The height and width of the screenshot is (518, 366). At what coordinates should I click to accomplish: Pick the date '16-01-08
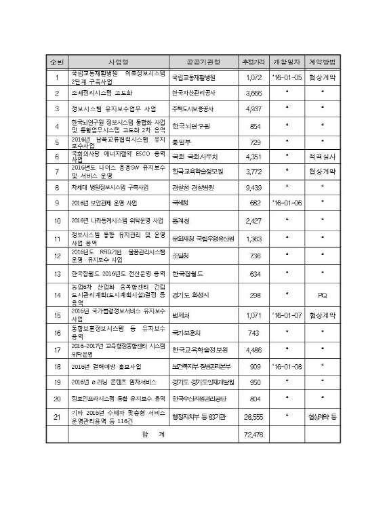(287, 385)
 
